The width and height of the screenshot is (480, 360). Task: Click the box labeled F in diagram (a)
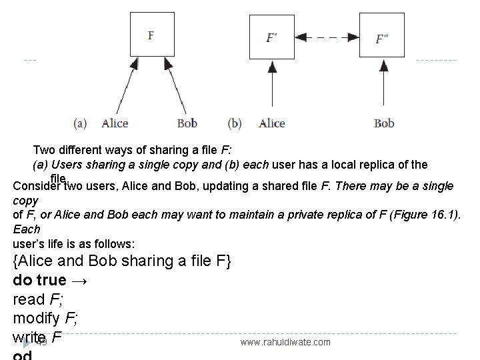pos(152,34)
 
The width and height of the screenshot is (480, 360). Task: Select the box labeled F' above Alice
pos(271,37)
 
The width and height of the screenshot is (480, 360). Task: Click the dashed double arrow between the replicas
pos(327,37)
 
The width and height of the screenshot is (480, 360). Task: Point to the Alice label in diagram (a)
pos(115,123)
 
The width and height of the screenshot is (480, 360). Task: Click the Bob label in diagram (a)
pos(187,123)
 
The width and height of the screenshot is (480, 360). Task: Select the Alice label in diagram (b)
pos(271,123)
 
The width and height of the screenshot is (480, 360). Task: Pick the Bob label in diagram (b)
pos(384,123)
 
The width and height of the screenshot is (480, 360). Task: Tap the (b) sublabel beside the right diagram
pos(235,123)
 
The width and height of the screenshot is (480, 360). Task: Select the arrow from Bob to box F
pos(177,87)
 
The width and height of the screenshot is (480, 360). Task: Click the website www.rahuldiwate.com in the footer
pos(285,342)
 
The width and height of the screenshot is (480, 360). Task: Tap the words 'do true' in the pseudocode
pos(40,280)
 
